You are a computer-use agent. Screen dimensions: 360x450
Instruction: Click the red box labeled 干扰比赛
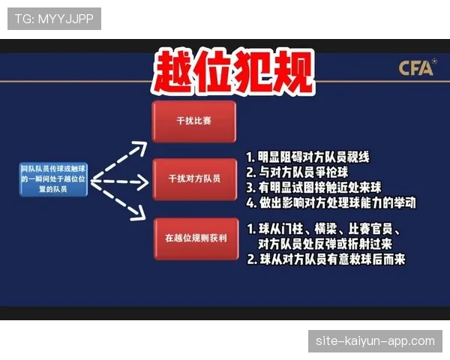tap(193, 120)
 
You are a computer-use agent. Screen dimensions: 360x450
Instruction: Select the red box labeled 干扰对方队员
tap(193, 178)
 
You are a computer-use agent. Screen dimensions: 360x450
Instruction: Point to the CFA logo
tap(416, 68)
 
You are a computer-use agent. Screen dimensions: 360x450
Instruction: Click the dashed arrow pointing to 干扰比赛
tap(120, 154)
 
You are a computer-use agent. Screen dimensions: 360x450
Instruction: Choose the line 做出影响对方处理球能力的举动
tap(331, 202)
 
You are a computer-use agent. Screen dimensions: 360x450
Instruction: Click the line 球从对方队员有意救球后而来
tap(325, 259)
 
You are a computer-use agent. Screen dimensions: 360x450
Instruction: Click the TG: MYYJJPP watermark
tap(54, 19)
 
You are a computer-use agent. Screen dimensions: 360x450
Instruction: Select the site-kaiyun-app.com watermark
tap(375, 341)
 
